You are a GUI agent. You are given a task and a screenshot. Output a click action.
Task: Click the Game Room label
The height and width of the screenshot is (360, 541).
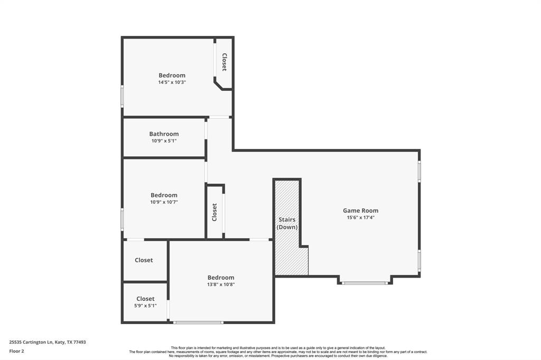pos(360,210)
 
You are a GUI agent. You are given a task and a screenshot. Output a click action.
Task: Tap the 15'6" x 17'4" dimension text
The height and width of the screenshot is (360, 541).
pos(360,217)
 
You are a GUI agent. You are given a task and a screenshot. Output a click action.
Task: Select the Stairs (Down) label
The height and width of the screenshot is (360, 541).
pos(287,223)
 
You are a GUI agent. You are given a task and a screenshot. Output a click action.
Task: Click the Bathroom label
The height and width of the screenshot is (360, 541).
pos(164,134)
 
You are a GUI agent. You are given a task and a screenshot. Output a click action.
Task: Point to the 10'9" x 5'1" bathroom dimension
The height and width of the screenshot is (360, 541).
pos(164,141)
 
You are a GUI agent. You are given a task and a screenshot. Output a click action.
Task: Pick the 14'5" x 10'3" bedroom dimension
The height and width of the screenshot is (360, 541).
pos(172,82)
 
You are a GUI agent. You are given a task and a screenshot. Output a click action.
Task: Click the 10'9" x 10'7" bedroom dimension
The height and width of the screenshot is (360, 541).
pos(164,202)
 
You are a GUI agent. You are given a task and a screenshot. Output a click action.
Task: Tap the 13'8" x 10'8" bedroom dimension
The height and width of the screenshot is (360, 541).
pos(221,285)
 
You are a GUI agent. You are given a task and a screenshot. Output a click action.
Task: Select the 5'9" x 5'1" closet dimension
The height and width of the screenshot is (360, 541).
pos(145,306)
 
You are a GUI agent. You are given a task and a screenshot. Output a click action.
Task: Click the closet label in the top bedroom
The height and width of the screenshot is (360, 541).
pos(224,62)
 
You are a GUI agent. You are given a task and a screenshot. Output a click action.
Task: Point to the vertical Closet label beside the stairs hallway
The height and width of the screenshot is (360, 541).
pos(214,212)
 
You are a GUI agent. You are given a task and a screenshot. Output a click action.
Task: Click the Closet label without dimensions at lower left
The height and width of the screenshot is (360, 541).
pos(144,260)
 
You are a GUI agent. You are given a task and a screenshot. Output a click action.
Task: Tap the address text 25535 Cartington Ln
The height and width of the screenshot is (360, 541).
pos(31,343)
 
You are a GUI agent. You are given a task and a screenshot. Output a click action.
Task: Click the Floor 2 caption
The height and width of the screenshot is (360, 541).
pos(16,352)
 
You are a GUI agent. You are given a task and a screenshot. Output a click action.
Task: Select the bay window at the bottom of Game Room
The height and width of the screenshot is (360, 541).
pos(365,283)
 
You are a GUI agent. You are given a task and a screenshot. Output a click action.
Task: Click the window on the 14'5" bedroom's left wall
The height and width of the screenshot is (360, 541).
pos(122,96)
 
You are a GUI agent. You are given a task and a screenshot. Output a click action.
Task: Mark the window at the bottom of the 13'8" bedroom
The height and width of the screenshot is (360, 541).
pos(198,323)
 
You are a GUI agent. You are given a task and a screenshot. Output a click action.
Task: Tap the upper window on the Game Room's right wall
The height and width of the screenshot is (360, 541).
pos(419,171)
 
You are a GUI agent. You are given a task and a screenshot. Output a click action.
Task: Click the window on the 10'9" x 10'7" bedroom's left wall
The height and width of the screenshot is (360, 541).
pos(122,219)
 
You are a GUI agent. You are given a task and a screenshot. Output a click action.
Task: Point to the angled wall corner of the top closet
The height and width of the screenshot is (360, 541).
pos(218,85)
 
